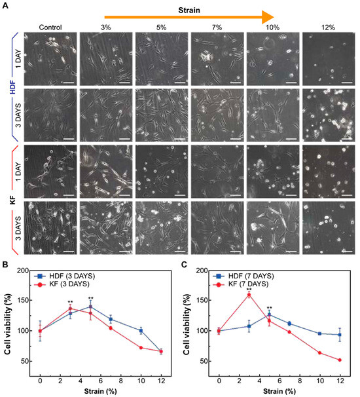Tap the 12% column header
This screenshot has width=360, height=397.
[x=327, y=28]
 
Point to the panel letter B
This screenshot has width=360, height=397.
[x=5, y=265]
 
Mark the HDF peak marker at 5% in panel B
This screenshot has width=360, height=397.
[x=90, y=307]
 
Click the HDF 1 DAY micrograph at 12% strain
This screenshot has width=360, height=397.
[x=327, y=60]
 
